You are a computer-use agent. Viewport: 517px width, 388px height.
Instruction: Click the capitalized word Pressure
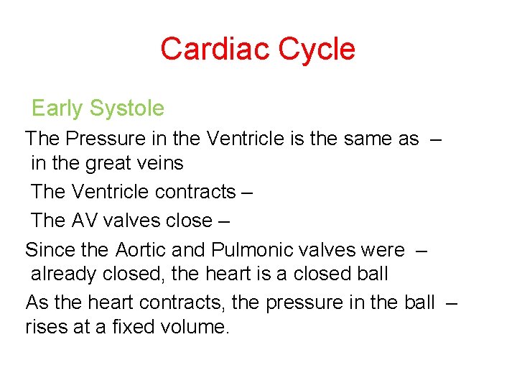coord(96,139)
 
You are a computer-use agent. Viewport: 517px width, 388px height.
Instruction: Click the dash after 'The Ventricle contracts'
coord(248,193)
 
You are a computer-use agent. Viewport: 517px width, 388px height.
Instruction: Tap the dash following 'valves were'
coord(422,250)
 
